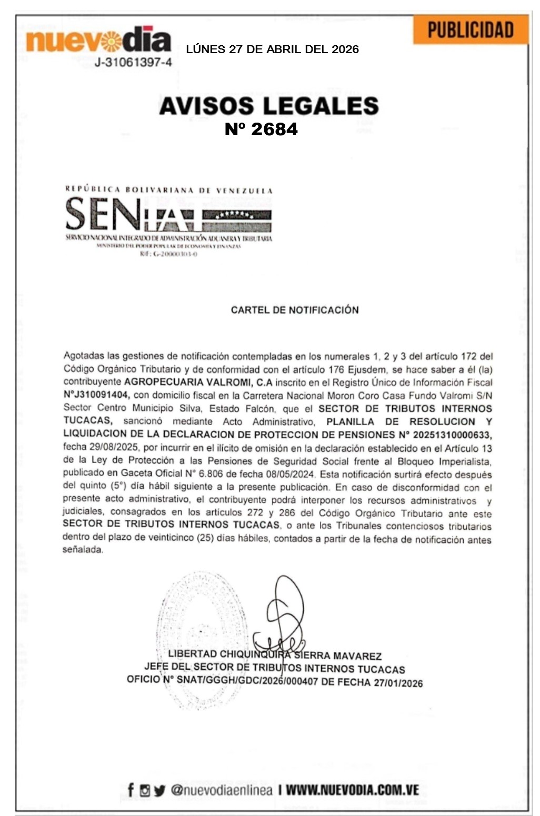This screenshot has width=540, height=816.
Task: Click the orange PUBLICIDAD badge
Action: pos(470,29)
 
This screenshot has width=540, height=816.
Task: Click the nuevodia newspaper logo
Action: pos(98,40)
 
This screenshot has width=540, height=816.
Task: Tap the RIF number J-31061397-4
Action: pos(133,63)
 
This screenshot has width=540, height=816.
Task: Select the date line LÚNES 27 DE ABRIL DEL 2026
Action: pos(272,49)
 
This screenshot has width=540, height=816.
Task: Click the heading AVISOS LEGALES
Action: pos(268,106)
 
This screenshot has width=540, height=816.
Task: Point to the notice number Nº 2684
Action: pos(261,129)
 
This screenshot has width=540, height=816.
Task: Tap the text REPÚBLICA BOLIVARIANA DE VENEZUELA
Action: pos(168,189)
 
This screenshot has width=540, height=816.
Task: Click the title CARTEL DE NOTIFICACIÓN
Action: pos(295,310)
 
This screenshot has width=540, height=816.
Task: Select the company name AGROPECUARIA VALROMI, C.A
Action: pos(198,382)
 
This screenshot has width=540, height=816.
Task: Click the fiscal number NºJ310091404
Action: pos(97,396)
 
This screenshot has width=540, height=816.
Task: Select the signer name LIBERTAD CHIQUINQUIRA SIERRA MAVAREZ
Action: pos(275,656)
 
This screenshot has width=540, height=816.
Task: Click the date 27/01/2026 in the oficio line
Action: pos(398,683)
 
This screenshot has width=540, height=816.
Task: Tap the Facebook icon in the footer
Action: pos(131,790)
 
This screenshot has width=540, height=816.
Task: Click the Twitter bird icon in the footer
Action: pos(159,790)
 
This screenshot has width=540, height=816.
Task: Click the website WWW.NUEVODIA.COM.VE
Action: pos(352,790)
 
